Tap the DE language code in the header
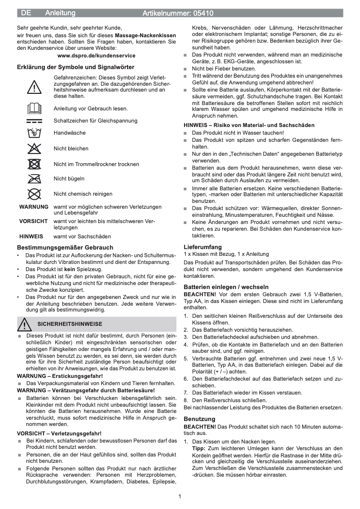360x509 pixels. pos(26,13)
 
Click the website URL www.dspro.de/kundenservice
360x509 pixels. pos(97,56)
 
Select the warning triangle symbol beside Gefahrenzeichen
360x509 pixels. pos(34,87)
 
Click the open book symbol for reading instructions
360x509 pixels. pos(34,109)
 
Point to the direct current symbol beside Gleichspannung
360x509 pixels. pos(34,121)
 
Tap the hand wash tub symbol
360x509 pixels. pos(34,133)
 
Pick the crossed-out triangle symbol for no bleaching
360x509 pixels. pos(34,149)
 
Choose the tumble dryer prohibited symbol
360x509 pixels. pos(34,164)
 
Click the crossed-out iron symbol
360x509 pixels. pos(34,179)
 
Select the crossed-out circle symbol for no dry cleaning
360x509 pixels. pos(34,194)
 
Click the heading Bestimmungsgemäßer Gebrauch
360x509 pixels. pos(65,247)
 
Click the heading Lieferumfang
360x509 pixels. pos(203,247)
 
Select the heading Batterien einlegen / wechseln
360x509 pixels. pos(226,286)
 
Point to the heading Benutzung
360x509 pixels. pos(200,418)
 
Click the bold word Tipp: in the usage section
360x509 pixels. pos(198,448)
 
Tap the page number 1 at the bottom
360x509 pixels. pos(180,496)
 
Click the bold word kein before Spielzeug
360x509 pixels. pos(70,269)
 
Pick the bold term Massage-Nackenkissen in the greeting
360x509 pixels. pos(145,35)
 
